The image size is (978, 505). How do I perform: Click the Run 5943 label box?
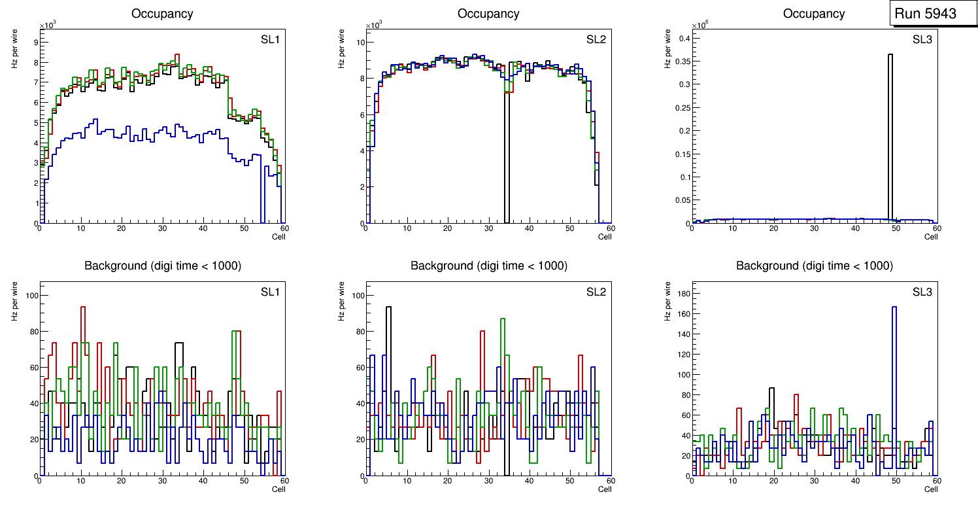[926, 14]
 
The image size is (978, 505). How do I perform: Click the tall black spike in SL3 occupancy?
[890, 131]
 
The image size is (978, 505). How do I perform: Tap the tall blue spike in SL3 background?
[894, 379]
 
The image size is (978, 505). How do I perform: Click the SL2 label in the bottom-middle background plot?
[596, 292]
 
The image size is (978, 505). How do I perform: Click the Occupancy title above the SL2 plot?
[488, 14]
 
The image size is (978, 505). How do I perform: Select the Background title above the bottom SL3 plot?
[815, 266]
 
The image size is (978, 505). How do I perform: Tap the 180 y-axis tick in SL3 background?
[682, 294]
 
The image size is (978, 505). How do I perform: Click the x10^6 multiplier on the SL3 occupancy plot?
[701, 26]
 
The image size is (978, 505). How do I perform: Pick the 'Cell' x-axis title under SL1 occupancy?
[278, 237]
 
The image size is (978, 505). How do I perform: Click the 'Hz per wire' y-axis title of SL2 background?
[341, 301]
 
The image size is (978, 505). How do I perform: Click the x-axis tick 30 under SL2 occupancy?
[488, 228]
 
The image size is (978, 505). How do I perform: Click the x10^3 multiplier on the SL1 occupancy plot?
[48, 26]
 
